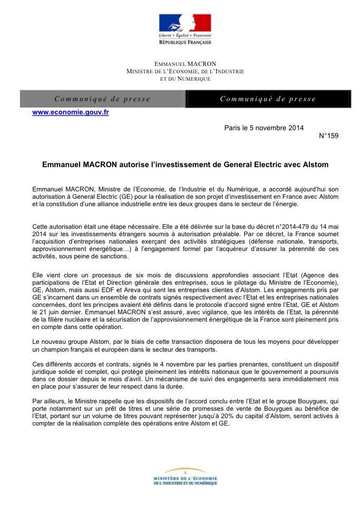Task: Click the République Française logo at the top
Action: click(x=184, y=29)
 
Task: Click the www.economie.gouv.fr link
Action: click(x=71, y=112)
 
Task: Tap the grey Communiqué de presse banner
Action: click(x=103, y=99)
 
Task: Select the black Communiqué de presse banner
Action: click(x=268, y=99)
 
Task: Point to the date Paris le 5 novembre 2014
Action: click(x=264, y=128)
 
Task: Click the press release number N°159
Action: click(x=329, y=136)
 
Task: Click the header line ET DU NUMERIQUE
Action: click(x=185, y=79)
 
